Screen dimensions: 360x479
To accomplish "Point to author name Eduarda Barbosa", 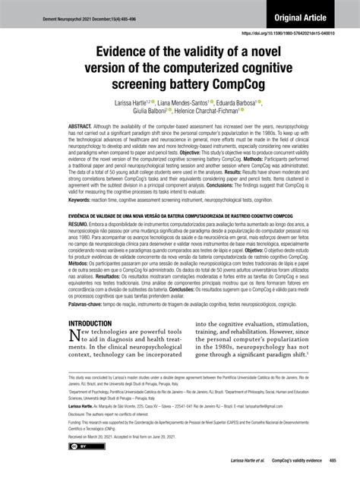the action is tap(257, 103).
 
